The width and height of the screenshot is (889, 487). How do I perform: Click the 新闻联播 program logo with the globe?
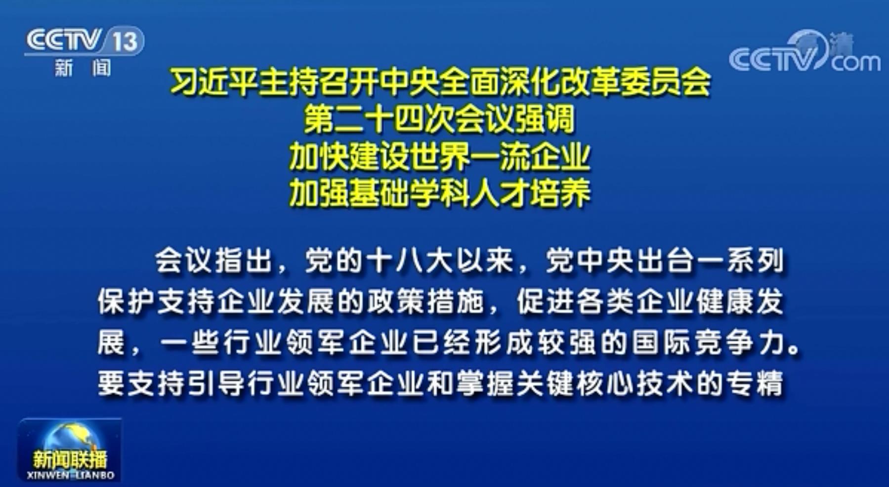(x=70, y=449)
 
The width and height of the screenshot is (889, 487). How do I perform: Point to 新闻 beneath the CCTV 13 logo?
(x=83, y=68)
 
